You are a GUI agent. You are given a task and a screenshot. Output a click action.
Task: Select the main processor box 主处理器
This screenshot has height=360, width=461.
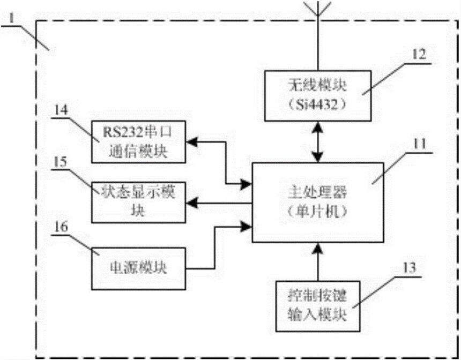coord(318,201)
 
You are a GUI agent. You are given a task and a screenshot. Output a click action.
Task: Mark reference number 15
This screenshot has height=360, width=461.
coord(62,164)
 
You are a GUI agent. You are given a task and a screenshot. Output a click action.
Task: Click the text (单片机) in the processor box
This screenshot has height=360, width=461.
coord(318,211)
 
